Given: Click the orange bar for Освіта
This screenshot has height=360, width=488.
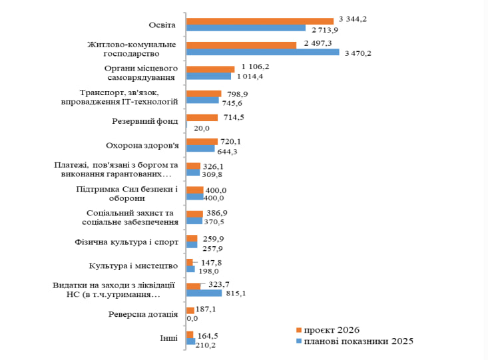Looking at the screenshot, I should (x=260, y=21).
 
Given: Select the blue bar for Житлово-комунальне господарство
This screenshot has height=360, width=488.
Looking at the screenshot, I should (x=262, y=52).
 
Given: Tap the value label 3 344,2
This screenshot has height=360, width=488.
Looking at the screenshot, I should (x=353, y=19).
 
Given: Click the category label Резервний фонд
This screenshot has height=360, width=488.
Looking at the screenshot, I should (x=144, y=121).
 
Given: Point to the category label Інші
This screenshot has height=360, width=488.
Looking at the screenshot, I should (x=168, y=338).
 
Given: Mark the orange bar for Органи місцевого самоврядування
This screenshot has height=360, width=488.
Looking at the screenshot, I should (x=210, y=69).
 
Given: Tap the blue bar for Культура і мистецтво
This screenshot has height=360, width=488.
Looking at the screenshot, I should (x=190, y=269).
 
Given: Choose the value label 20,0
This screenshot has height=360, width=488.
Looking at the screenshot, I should (x=201, y=128).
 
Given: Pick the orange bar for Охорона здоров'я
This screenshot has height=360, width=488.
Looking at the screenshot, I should (x=202, y=142).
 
